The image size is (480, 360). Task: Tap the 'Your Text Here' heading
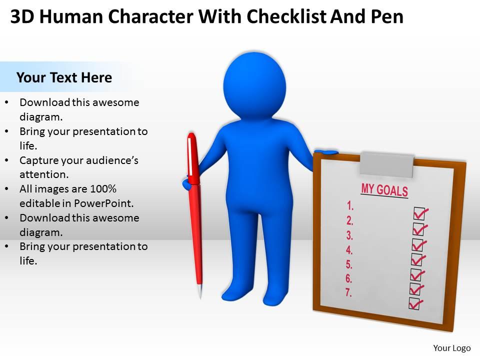point(64,77)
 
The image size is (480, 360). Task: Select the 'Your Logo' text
point(452,348)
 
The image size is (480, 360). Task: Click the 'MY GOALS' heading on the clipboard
point(384,189)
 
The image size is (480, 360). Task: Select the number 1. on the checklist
point(350,204)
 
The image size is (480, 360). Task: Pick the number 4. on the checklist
point(349,250)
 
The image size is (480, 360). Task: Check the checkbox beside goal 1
point(419,213)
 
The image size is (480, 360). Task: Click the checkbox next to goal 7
point(414,303)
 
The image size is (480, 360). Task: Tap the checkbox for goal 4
point(416,259)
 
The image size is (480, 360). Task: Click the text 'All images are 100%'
point(68,189)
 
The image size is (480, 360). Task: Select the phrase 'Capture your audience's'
point(79,160)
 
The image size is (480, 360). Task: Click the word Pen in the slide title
point(388,16)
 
